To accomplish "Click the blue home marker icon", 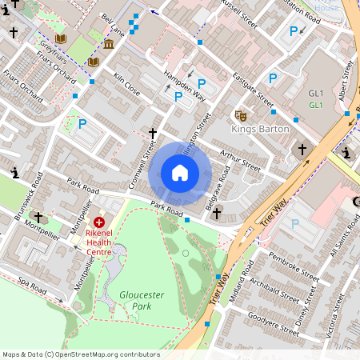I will click(x=180, y=173).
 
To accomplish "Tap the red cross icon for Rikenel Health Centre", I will click(x=99, y=222).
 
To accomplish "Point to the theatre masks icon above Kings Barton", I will click(x=239, y=115).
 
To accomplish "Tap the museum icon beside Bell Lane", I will click(x=108, y=42).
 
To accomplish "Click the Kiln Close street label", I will click(x=126, y=87).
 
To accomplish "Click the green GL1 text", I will click(x=316, y=105).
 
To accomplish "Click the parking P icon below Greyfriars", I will click(x=82, y=124).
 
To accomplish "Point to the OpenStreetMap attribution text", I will click(x=81, y=354).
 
